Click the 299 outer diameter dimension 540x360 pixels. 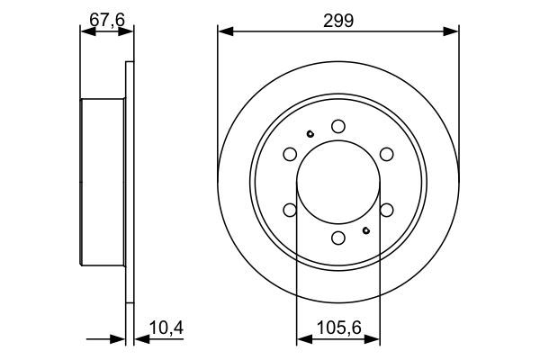[337, 17]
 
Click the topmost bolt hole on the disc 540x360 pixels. [337, 126]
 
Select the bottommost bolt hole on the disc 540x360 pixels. [337, 238]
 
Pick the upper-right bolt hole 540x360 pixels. [386, 154]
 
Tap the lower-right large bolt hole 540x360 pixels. [386, 210]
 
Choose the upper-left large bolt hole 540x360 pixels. [290, 154]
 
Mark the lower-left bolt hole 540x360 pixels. [290, 210]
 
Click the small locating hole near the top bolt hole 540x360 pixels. [310, 135]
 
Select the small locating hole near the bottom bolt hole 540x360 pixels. [365, 229]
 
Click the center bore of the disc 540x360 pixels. [337, 182]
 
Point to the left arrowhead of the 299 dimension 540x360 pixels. [223, 31]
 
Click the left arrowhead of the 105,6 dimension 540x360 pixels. [301, 339]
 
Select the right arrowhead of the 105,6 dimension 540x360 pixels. [373, 339]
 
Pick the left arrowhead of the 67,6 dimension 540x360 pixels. [86, 31]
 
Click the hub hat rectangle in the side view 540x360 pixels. [102, 182]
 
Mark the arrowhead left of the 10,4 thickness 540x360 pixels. [119, 339]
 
